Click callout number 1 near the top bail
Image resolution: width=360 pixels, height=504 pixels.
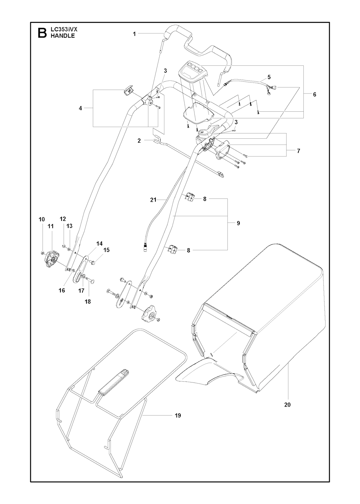click(134, 34)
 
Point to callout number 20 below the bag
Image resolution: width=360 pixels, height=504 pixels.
click(287, 405)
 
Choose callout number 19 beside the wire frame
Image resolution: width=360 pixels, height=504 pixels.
click(178, 415)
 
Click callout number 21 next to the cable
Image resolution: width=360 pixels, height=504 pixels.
click(153, 200)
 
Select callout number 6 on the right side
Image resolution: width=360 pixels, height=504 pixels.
click(314, 94)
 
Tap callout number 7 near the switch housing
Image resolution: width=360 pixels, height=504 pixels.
click(298, 151)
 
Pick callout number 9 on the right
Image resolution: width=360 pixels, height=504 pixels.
click(238, 223)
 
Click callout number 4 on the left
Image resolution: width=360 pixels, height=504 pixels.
click(80, 108)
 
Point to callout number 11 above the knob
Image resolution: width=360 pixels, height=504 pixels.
click(51, 227)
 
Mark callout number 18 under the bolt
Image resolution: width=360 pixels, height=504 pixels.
click(88, 301)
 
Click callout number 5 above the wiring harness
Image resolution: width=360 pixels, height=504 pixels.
click(269, 77)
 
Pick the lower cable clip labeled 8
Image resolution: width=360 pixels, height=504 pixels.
click(172, 250)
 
